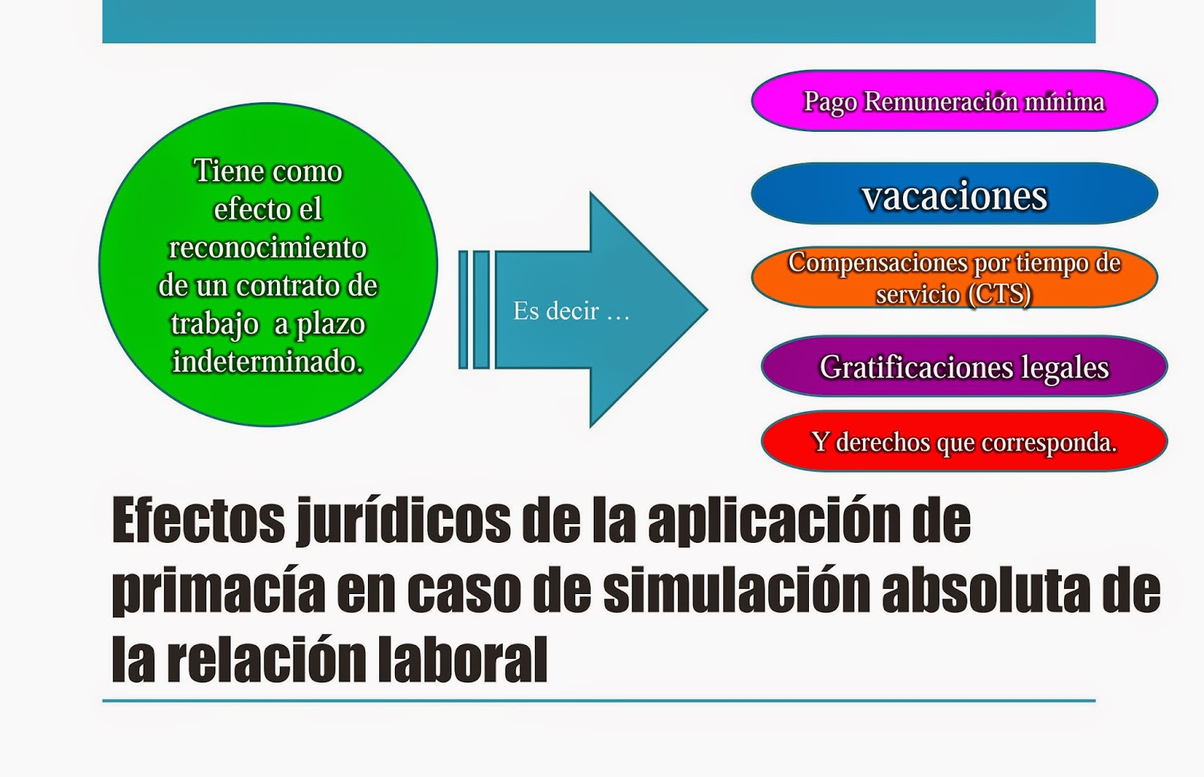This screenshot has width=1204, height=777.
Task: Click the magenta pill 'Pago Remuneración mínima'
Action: pyautogui.click(x=953, y=101)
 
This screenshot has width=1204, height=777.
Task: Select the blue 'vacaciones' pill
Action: pyautogui.click(x=953, y=195)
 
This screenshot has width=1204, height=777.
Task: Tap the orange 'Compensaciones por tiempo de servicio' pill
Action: pyautogui.click(x=953, y=277)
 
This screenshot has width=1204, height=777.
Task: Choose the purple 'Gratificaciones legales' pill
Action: pyautogui.click(x=963, y=367)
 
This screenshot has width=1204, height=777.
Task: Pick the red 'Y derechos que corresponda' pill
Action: pyautogui.click(x=963, y=442)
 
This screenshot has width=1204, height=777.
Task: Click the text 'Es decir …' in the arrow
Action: pyautogui.click(x=570, y=310)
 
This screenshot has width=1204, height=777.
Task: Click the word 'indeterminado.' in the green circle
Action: pyautogui.click(x=268, y=362)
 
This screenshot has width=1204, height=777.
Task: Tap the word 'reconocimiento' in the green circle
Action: pyautogui.click(x=268, y=248)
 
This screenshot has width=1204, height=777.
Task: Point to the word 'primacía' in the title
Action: pyautogui.click(x=217, y=591)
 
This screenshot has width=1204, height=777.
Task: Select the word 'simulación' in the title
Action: pyautogui.click(x=735, y=591)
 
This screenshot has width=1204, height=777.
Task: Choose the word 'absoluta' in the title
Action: pyautogui.click(x=985, y=591)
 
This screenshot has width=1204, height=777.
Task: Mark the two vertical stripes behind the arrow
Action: pyautogui.click(x=474, y=309)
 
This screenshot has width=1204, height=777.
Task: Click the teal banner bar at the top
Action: pyautogui.click(x=598, y=21)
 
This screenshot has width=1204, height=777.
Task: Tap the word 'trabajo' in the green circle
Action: pyautogui.click(x=214, y=325)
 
